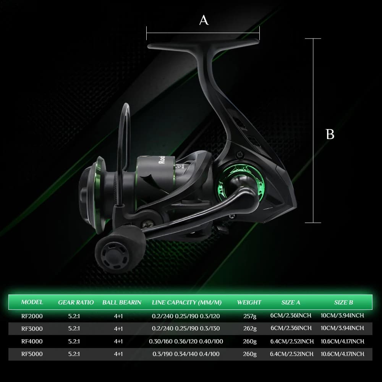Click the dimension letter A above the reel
[x=204, y=20]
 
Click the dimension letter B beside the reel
[x=330, y=134]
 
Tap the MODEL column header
[x=32, y=302]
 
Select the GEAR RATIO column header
[x=76, y=302]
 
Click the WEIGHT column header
[x=249, y=302]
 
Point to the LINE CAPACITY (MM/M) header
[x=187, y=302]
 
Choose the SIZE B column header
[x=343, y=302]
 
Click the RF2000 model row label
[x=32, y=316]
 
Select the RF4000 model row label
[x=32, y=341]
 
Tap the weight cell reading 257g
[x=250, y=316]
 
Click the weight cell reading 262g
[x=250, y=329]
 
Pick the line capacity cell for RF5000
[x=186, y=354]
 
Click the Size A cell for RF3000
[x=291, y=328]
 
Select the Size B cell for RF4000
[x=343, y=341]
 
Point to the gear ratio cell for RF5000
[x=74, y=354]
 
